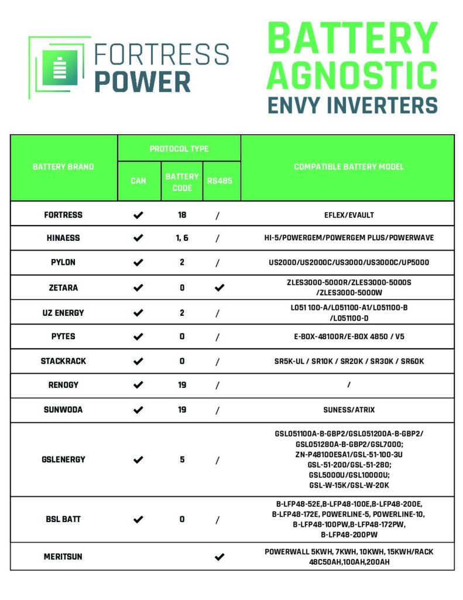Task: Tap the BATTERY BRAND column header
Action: click(63, 167)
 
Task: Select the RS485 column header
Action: click(220, 180)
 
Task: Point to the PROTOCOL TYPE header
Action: click(179, 149)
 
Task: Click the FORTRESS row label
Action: click(63, 215)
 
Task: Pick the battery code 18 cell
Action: click(182, 215)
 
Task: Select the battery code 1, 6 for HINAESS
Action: click(182, 238)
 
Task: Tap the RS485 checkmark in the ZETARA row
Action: click(220, 288)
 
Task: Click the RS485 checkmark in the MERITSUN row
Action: click(220, 557)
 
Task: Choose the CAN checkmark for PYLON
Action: click(138, 262)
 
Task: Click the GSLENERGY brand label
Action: click(63, 460)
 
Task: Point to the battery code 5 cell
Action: click(182, 460)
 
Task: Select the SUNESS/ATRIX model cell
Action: click(348, 410)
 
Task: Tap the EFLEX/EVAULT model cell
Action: click(348, 215)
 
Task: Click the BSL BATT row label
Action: click(63, 520)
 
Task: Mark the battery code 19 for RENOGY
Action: click(182, 385)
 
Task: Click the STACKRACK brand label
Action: click(63, 361)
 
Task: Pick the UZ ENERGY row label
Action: click(63, 313)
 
